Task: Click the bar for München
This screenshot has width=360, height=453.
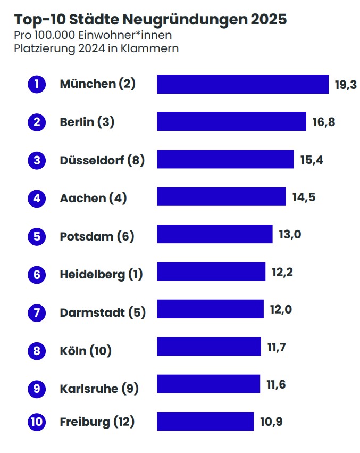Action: (242, 84)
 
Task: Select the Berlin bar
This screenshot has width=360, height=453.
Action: (231, 122)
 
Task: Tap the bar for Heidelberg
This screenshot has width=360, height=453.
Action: (211, 272)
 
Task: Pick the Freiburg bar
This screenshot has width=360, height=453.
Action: (205, 422)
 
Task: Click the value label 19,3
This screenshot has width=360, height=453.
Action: (346, 85)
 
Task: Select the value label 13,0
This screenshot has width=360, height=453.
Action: (290, 235)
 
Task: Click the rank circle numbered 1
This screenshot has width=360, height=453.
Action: (37, 84)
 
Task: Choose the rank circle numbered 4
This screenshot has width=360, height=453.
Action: (37, 199)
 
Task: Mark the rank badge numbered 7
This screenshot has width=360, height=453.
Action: (37, 312)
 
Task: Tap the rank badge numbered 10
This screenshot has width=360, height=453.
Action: (37, 422)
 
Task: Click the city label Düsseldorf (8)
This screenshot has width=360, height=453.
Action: (102, 160)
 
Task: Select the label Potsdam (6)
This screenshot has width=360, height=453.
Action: (97, 236)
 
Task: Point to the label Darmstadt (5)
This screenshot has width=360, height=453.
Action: (103, 312)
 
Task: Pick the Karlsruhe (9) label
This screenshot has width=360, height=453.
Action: (99, 389)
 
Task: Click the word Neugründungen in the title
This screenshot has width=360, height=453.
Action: (185, 20)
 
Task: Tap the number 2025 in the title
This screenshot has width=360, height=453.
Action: (269, 20)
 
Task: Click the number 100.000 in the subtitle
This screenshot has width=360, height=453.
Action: (54, 36)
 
